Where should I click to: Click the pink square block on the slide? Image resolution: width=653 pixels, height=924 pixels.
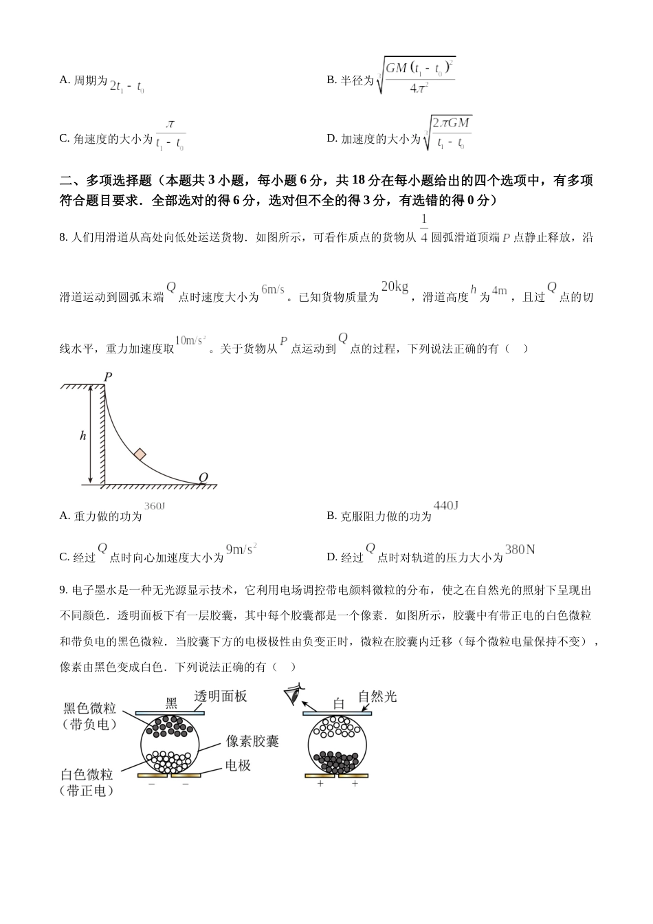tap(140, 454)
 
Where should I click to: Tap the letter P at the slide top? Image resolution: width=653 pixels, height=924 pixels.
tap(108, 377)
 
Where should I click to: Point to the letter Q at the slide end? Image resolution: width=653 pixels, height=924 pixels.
tap(203, 477)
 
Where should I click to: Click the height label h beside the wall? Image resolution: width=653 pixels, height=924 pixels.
tap(83, 435)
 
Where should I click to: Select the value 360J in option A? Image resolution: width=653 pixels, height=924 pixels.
tap(155, 506)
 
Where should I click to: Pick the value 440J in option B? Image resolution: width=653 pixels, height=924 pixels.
tap(446, 506)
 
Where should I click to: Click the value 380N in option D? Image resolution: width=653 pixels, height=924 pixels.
tap(520, 549)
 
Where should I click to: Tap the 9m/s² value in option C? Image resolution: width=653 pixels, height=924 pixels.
tap(241, 549)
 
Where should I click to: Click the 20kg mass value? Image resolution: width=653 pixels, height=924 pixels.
tap(395, 287)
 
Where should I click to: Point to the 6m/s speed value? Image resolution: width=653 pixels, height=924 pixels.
tap(273, 289)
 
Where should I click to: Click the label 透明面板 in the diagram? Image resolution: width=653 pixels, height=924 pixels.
tap(221, 696)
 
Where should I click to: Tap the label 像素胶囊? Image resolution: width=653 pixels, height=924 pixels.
tap(252, 742)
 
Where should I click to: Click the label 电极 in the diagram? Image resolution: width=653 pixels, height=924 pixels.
tap(238, 765)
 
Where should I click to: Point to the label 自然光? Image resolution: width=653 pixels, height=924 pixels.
tap(377, 696)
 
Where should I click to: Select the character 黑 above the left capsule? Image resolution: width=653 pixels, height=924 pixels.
tap(171, 703)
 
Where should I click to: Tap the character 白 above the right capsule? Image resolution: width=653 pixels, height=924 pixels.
tap(338, 703)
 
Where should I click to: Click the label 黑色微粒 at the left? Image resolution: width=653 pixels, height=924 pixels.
tap(89, 709)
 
